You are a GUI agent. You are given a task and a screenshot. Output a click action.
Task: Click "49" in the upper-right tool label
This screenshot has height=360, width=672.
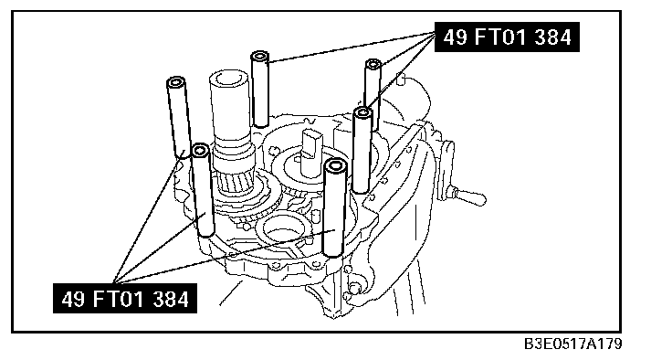coord(455,37)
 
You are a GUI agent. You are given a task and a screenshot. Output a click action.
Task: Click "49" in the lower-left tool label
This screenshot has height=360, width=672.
coord(73,299)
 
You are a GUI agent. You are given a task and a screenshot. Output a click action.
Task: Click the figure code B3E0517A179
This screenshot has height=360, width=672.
coord(573,344)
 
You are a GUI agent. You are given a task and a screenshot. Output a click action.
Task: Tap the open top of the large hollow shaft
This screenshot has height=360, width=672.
coord(229,79)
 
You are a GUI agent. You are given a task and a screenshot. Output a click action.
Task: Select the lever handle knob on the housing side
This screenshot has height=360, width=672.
coord(470,197)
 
